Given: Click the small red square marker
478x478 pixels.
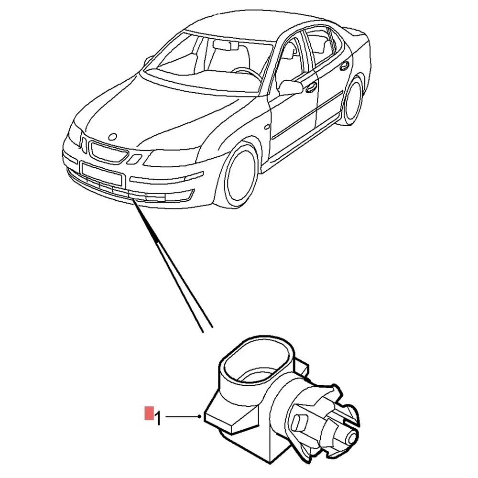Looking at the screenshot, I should click(149, 413).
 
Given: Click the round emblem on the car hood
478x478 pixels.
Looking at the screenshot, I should click(113, 136).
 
